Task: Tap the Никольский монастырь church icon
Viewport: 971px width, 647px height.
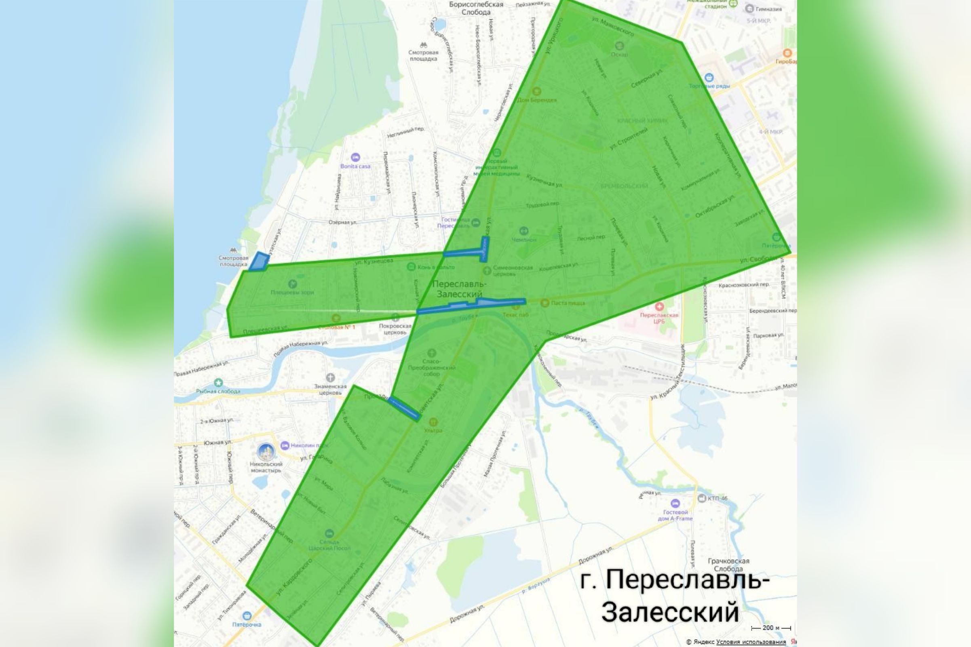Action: [x=266, y=452]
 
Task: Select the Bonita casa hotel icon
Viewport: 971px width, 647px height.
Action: [x=355, y=157]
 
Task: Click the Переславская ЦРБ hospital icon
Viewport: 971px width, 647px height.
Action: [x=659, y=307]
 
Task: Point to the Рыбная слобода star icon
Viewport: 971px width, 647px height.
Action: [x=218, y=383]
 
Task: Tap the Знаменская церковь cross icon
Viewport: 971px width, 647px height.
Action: [x=330, y=377]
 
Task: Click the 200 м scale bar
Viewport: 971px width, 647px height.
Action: [x=771, y=628]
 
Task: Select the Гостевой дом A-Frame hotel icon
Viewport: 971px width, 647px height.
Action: [x=675, y=504]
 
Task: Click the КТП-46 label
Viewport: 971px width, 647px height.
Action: [x=717, y=498]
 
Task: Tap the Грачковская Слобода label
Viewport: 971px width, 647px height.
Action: [x=728, y=565]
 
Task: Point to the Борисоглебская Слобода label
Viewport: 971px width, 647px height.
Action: [x=476, y=8]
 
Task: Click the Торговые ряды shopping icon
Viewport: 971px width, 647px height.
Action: [x=709, y=77]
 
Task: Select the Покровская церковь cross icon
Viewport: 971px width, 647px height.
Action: [x=395, y=317]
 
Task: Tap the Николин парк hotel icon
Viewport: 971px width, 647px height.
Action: [x=285, y=446]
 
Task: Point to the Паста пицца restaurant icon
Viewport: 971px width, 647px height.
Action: [x=545, y=303]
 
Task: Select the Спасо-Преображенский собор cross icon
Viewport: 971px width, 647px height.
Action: [x=431, y=353]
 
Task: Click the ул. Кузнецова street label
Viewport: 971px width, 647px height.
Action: [x=374, y=261]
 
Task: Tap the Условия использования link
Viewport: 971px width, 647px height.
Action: [x=751, y=642]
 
